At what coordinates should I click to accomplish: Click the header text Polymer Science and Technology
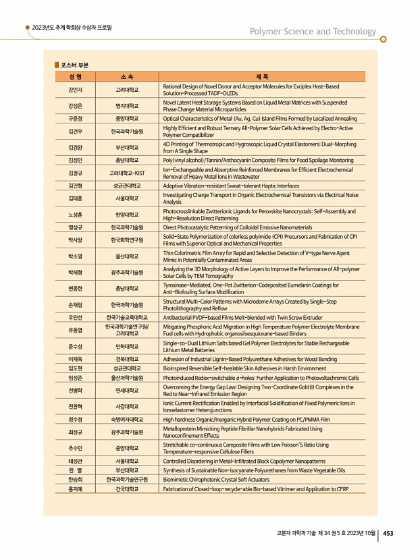313,32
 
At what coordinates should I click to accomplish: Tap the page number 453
388,533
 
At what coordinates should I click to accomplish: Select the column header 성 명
76,76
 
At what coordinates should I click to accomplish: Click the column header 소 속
126,76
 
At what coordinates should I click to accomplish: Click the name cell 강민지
76,89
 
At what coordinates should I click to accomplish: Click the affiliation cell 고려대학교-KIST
126,173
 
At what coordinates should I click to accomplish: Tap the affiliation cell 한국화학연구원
126,240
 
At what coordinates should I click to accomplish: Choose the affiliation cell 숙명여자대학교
126,419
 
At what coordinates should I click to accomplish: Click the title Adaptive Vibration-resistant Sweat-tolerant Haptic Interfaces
230,185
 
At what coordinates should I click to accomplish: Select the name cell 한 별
76,470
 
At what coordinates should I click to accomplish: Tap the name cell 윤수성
76,347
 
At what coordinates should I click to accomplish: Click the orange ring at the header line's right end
383,39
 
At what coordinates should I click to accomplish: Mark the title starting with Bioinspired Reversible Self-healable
244,368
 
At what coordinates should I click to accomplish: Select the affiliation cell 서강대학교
126,407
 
